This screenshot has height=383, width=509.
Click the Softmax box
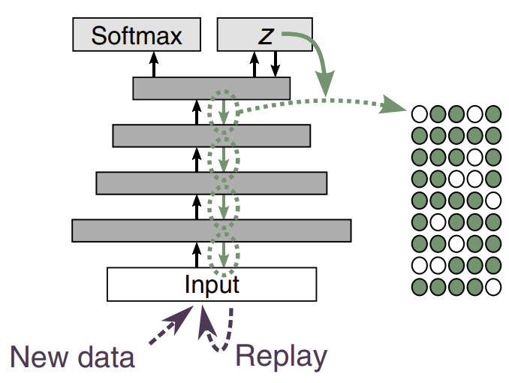[137, 35]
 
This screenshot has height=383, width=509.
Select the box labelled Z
[264, 35]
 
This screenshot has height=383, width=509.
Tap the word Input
[212, 285]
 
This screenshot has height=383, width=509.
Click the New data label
[73, 356]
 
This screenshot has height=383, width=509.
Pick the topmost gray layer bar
[211, 88]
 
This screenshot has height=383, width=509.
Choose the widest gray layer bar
[211, 230]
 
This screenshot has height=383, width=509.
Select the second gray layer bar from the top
[211, 135]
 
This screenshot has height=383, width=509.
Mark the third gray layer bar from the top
[211, 182]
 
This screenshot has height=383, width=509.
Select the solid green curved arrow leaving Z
[315, 56]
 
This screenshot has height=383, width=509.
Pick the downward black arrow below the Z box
[276, 65]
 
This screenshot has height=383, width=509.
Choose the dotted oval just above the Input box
[223, 254]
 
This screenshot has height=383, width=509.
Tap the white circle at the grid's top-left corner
[419, 114]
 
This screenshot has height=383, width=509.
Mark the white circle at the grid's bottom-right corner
[492, 287]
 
